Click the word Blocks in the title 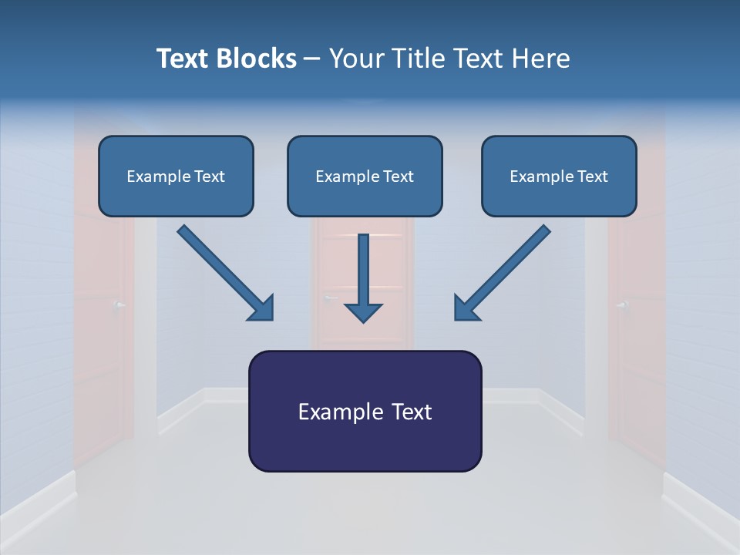(257, 59)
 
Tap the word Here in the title (541, 59)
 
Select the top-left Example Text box (176, 177)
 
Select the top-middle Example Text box (365, 177)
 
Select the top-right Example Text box (559, 177)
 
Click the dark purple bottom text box (365, 411)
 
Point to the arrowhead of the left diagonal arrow (262, 308)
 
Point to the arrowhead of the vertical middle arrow (363, 312)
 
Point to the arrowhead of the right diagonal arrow (466, 308)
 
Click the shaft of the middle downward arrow (363, 266)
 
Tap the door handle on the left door (118, 305)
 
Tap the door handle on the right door (621, 305)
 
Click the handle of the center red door (330, 298)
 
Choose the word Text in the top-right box (592, 177)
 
